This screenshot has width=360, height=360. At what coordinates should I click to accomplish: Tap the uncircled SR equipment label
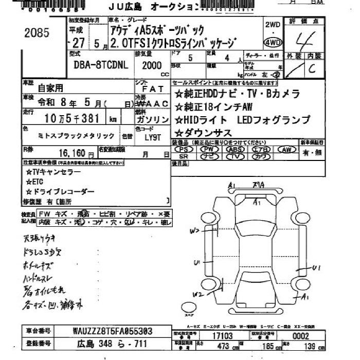(184, 156)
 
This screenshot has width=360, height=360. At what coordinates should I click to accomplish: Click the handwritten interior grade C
(312, 70)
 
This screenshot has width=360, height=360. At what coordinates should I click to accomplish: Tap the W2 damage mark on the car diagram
(197, 295)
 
